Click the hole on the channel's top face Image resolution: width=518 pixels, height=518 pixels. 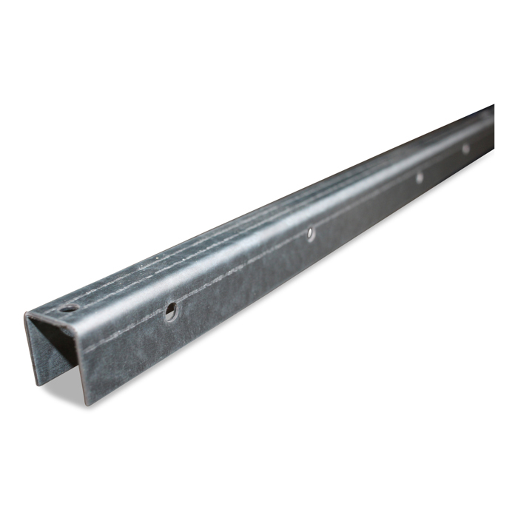click(x=68, y=309)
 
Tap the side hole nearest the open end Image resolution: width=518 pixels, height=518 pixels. click(x=171, y=312)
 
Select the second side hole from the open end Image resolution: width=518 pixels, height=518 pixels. click(x=311, y=233)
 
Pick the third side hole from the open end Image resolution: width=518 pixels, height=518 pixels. click(x=419, y=177)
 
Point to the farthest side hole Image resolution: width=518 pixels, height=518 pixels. click(x=465, y=149)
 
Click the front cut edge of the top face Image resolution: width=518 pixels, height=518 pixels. click(x=52, y=318)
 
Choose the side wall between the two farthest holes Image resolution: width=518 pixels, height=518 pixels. click(x=444, y=174)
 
